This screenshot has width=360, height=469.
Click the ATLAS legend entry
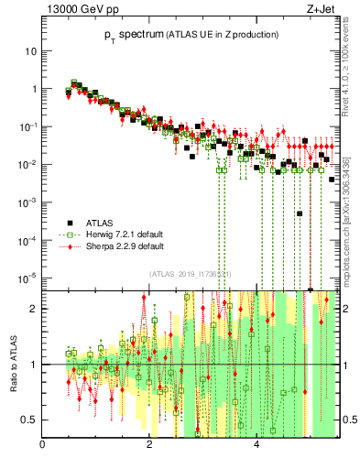pyautogui.click(x=100, y=222)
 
